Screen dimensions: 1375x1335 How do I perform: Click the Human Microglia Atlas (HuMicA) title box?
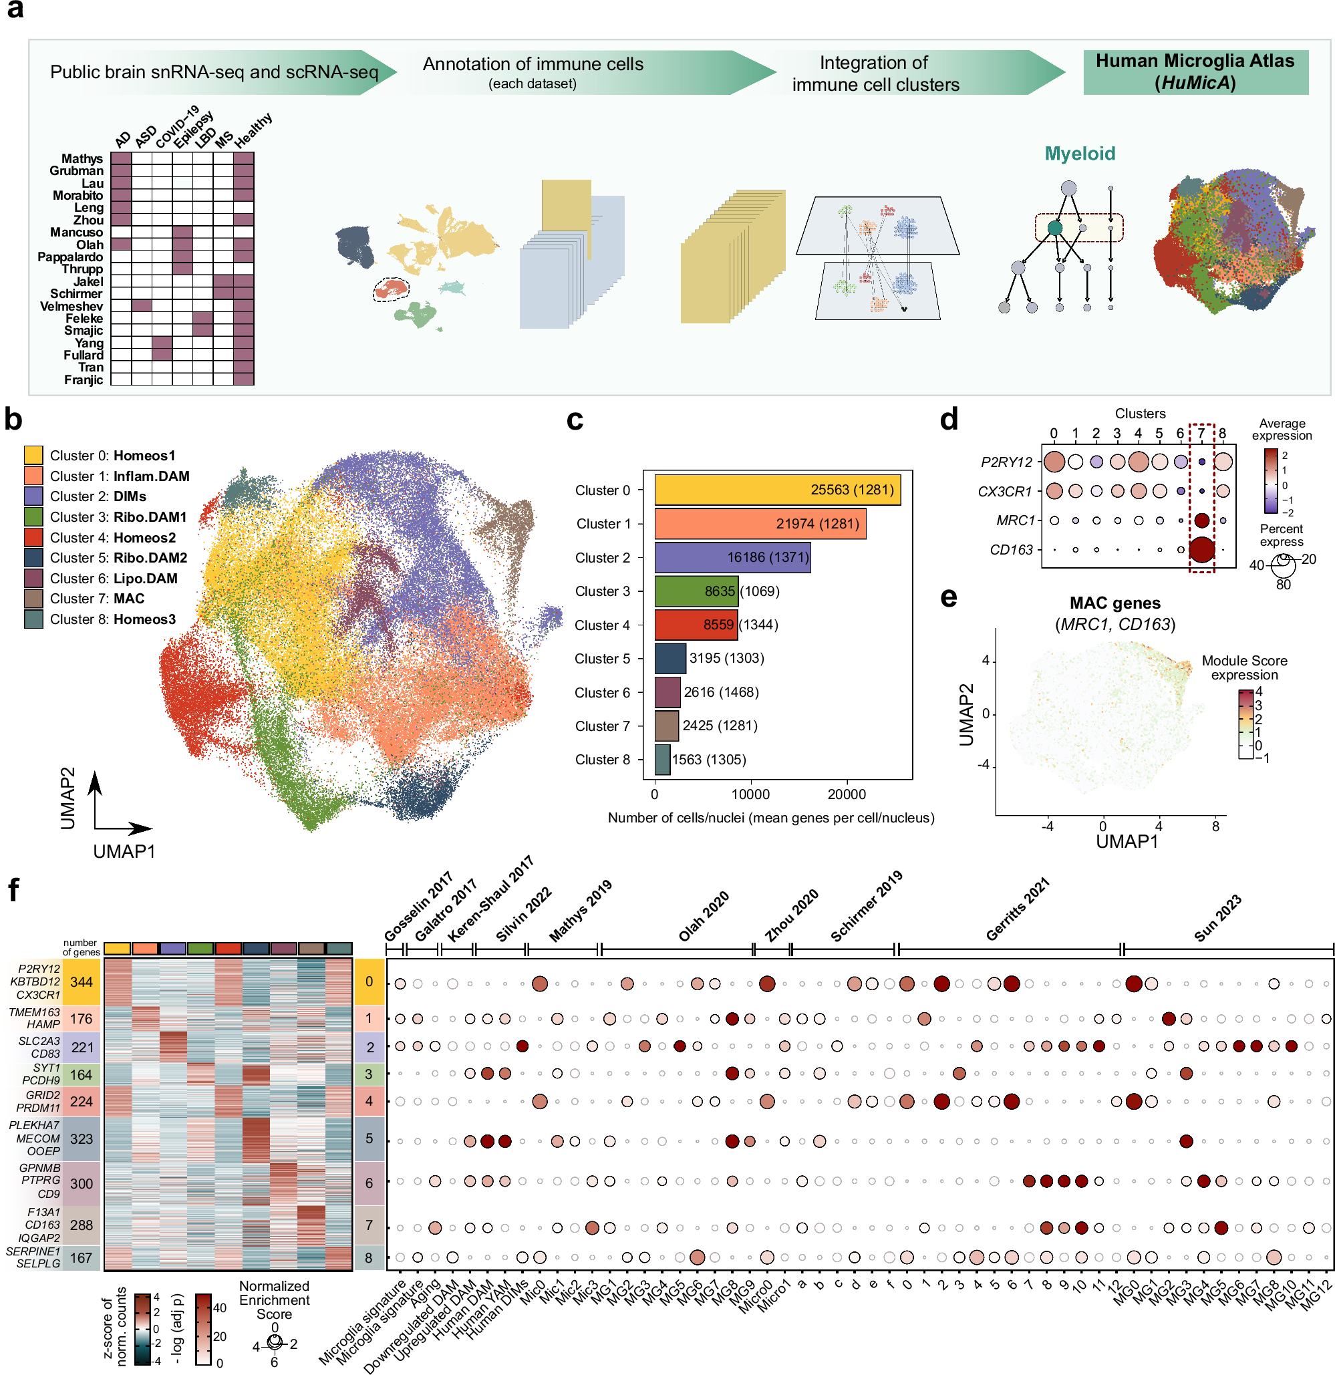coord(1195,71)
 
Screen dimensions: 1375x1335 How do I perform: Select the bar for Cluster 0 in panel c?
coord(776,490)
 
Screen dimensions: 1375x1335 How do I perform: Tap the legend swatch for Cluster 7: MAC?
coord(33,599)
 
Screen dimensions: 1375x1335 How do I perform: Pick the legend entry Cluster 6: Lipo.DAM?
coord(112,578)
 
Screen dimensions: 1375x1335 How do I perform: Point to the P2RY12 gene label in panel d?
coord(1006,462)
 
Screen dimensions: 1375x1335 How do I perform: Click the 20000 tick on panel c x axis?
coord(846,794)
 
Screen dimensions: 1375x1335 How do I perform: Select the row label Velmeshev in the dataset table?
coord(71,306)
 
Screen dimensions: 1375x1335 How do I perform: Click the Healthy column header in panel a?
coord(253,130)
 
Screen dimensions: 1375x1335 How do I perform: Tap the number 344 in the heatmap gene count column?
coord(82,981)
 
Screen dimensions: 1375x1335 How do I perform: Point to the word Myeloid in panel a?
coord(1079,154)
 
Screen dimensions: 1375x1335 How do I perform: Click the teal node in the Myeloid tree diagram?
coord(1054,227)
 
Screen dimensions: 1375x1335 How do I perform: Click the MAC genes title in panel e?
coord(1114,603)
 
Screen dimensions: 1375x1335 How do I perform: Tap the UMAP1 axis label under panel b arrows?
coord(124,851)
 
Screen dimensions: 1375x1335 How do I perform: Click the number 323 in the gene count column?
coord(82,1138)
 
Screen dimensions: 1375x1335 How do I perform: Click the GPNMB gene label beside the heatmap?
coord(40,1168)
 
